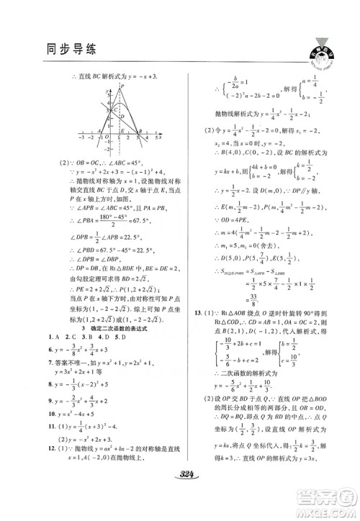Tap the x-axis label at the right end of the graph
158,135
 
